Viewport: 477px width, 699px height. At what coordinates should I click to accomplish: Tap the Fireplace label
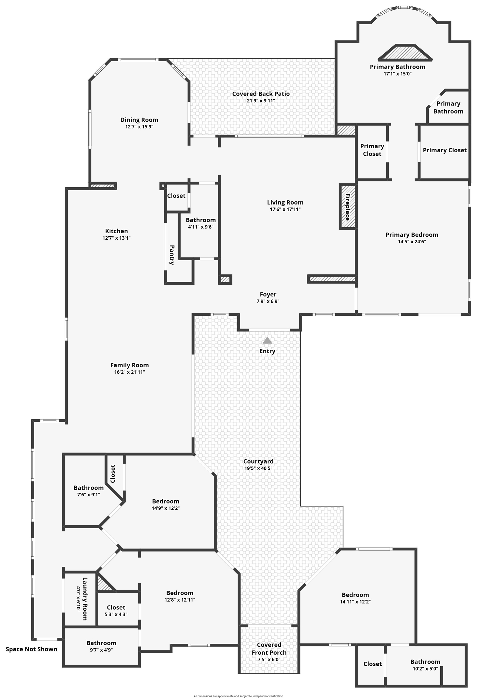347,207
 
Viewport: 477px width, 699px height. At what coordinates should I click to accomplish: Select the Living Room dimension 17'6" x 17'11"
285,209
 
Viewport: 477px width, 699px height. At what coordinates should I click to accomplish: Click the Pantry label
172,255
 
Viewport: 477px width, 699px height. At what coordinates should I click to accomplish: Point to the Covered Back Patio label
261,94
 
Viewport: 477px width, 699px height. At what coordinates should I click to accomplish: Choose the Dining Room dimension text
139,127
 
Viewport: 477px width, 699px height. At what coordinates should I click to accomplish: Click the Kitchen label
117,231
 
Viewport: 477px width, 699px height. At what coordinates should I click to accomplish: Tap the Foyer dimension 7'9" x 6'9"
268,301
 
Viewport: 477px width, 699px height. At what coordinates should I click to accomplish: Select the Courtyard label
258,461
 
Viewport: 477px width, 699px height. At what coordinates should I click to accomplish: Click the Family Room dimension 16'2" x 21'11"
130,372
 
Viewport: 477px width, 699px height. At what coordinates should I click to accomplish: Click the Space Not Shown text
32,649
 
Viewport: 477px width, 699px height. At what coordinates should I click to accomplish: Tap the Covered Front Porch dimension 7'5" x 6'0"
269,659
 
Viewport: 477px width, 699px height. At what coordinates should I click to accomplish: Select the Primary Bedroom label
412,235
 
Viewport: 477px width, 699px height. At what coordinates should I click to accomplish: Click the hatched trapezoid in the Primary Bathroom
405,52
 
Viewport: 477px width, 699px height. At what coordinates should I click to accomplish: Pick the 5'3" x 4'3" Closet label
116,607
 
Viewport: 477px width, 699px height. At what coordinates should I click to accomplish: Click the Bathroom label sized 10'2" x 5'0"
425,662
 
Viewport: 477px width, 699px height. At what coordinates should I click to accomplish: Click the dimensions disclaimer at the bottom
238,696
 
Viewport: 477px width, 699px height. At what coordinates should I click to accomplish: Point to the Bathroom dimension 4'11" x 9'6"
201,227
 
